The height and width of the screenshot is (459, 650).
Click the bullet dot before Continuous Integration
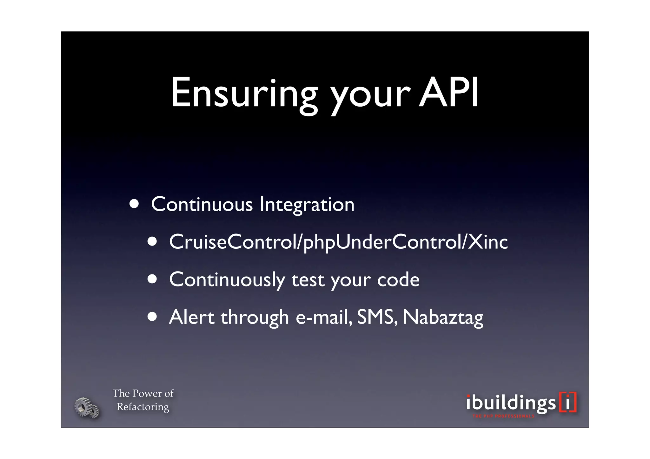coord(134,204)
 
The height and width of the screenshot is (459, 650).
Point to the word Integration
coord(307,205)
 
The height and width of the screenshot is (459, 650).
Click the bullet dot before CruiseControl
coord(152,241)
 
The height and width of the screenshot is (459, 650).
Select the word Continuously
coord(227,280)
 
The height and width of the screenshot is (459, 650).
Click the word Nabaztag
coord(443,318)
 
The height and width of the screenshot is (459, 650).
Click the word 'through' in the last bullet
coord(255,318)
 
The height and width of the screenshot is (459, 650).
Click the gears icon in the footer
coord(87,407)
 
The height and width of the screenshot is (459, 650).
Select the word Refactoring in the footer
coord(143,407)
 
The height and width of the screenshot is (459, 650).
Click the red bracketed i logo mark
coord(568,403)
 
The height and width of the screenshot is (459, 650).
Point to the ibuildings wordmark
coord(511,403)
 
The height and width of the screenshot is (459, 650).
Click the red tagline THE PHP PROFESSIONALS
coord(503,416)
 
